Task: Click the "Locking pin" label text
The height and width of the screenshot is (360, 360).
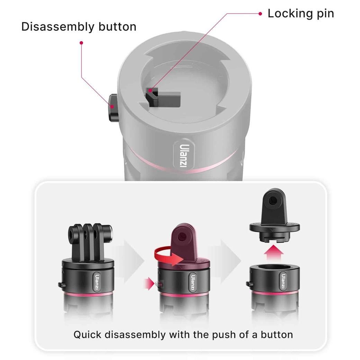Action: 300,13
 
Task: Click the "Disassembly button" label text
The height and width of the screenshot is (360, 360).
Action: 79,27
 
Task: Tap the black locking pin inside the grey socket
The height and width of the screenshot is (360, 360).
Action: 163,98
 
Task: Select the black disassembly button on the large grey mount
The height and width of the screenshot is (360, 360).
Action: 113,108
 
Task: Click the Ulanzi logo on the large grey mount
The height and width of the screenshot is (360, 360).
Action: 184,155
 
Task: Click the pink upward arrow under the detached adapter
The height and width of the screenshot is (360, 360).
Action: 273,252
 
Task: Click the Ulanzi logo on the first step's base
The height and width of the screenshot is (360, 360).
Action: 97,282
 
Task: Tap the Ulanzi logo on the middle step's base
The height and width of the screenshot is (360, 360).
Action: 192,282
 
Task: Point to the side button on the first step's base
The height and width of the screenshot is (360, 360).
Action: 61,285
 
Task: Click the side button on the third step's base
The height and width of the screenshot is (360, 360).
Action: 249,284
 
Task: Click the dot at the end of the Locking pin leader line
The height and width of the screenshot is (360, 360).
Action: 260,14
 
